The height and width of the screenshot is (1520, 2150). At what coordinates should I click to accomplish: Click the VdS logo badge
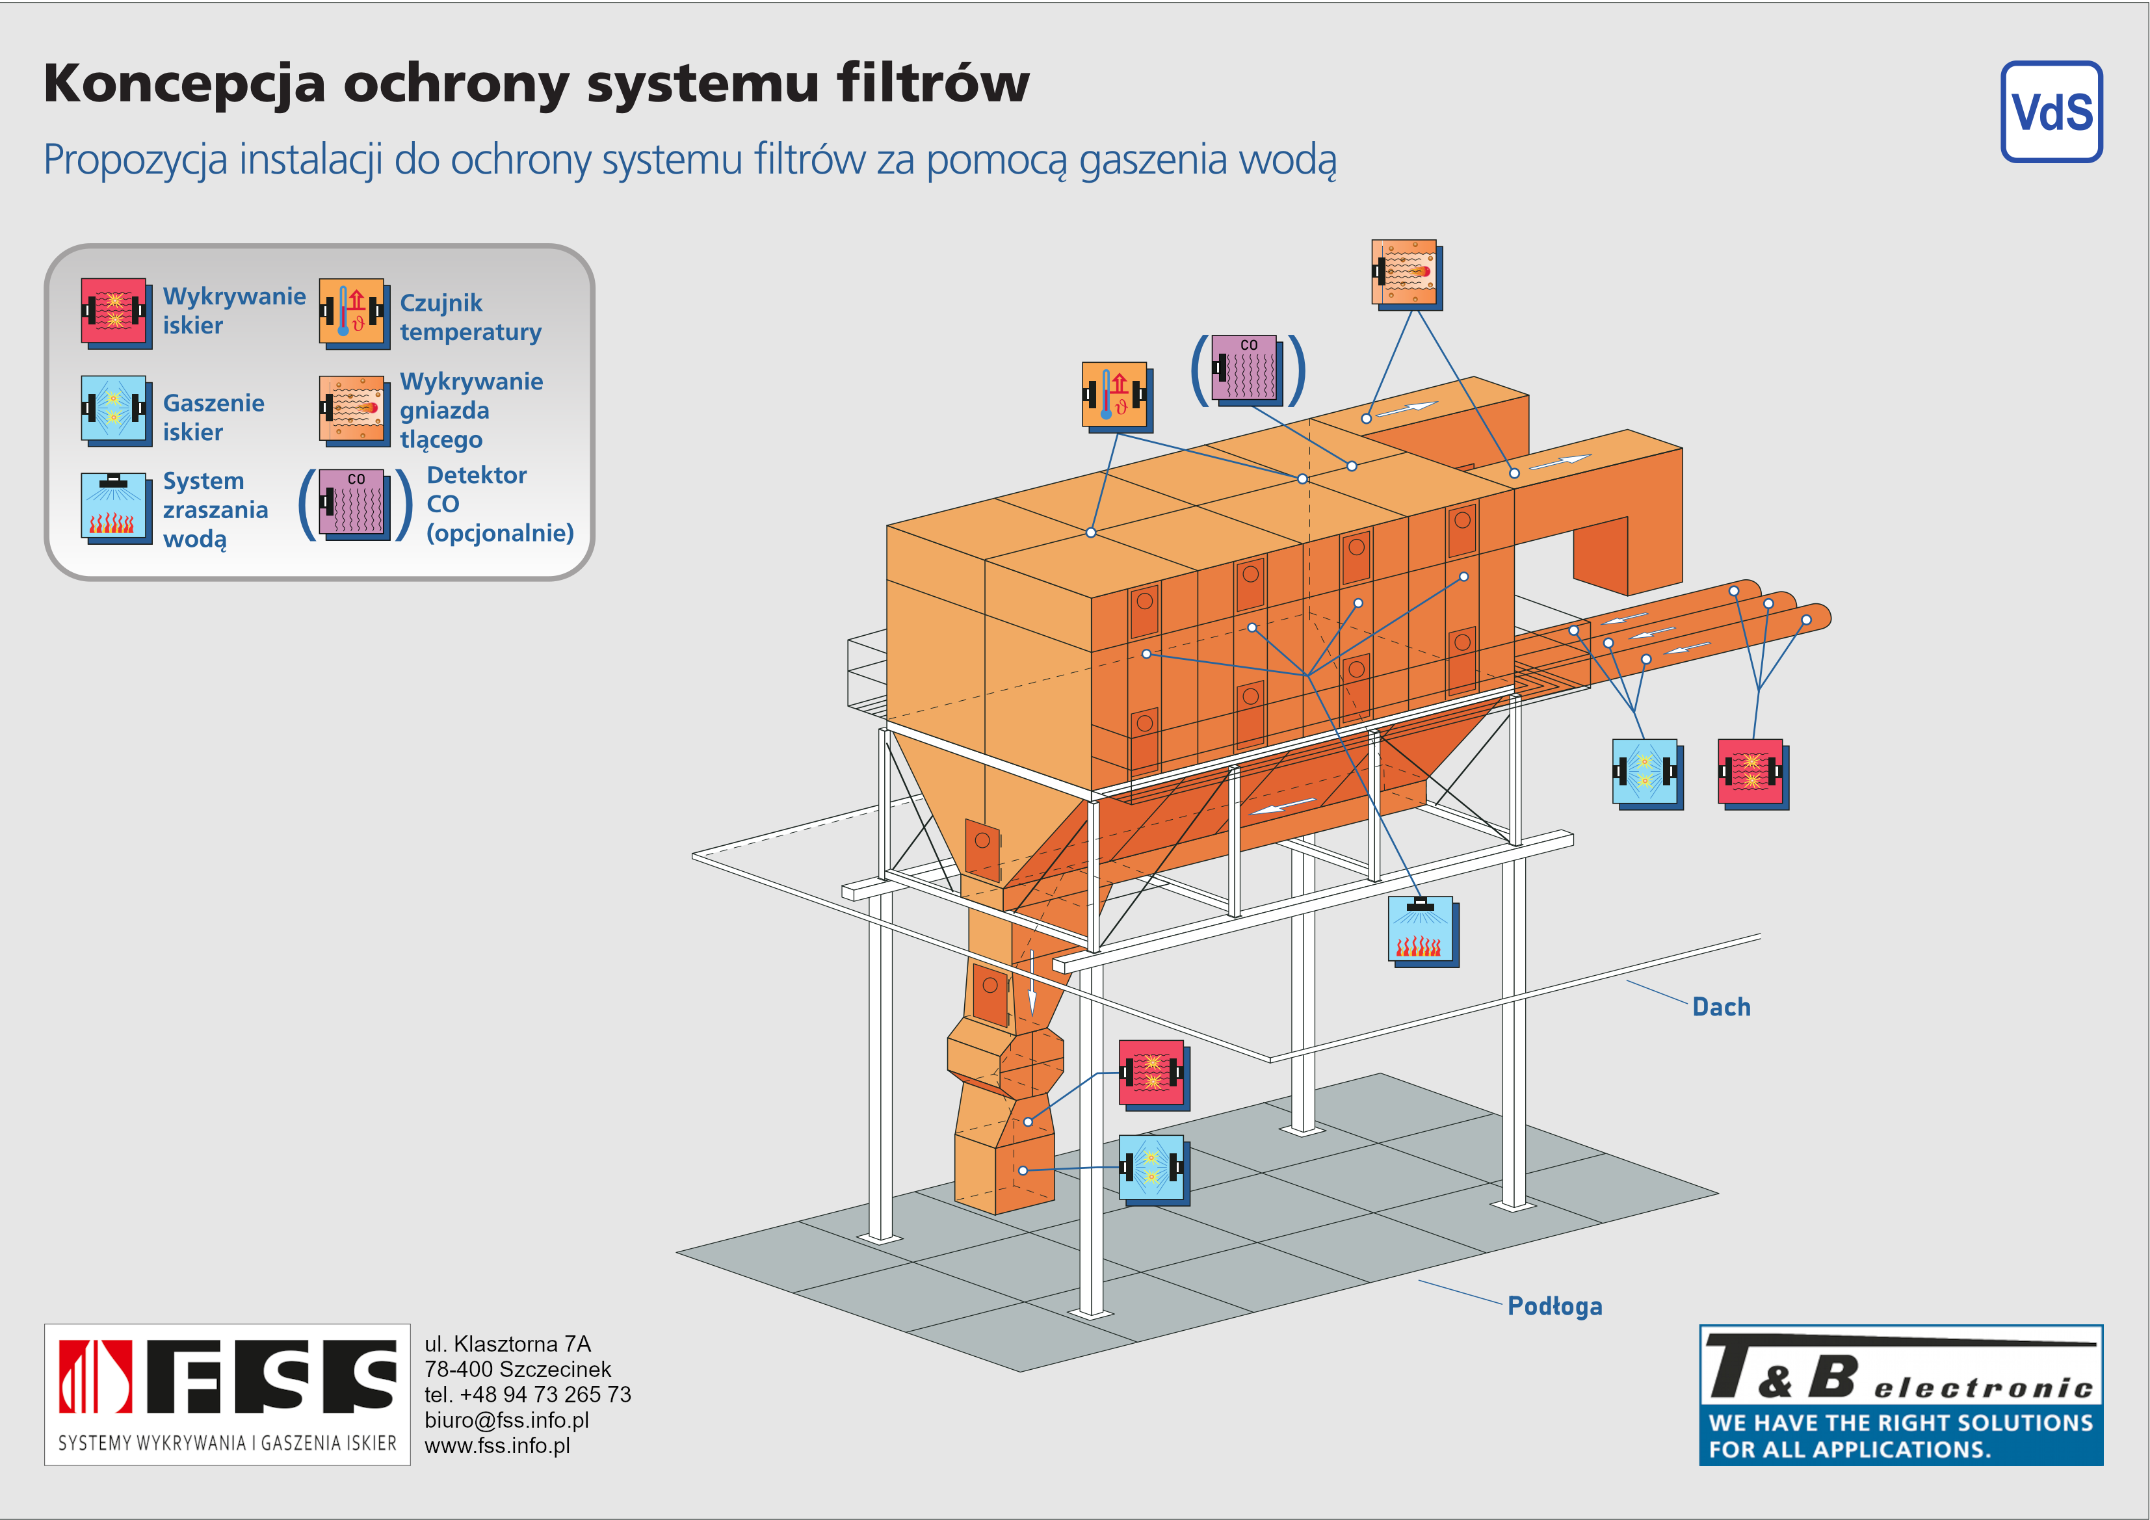2051,112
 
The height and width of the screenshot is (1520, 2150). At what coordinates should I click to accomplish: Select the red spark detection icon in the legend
114,312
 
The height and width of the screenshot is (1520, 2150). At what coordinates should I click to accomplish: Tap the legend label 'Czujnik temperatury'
470,317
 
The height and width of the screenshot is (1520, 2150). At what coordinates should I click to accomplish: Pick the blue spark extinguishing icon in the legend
114,410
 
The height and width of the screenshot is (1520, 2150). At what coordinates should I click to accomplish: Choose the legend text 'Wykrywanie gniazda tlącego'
470,410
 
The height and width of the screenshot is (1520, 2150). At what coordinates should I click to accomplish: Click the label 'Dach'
1720,1007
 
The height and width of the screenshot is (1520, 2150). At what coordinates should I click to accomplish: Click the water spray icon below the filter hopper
1421,931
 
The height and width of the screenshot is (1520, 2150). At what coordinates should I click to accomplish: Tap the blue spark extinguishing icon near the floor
1153,1169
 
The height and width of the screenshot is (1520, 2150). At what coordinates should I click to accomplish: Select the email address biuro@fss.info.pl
506,1420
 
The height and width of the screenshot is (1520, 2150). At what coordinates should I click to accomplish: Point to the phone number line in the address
527,1395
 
